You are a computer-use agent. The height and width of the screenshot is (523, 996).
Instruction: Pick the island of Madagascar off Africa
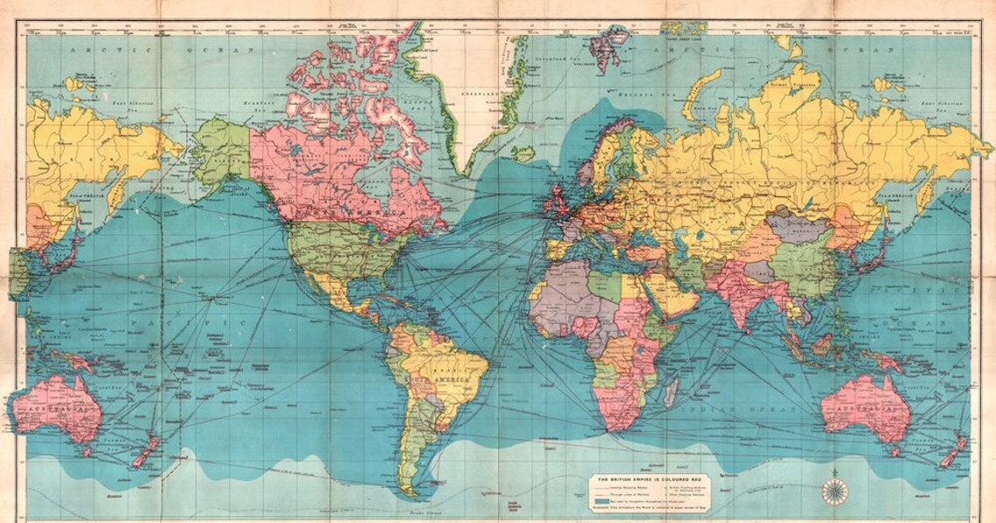click(x=670, y=392)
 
